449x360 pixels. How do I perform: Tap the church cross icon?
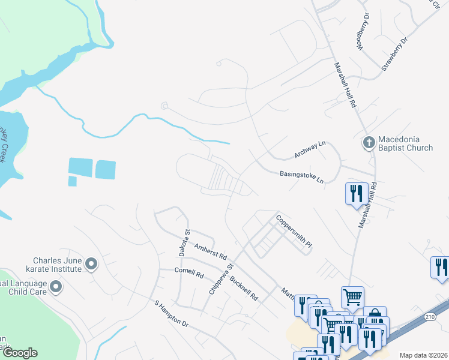pos(369,143)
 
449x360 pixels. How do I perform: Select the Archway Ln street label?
pos(310,150)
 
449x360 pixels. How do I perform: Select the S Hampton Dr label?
pos(172,314)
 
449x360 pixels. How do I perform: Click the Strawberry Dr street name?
pos(394,57)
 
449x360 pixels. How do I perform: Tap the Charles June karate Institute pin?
pos(91,263)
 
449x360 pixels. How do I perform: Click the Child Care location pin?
pos(56,288)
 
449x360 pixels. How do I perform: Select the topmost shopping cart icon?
pos(352,296)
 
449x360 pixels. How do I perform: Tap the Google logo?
pos(20,353)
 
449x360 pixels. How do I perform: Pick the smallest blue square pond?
pos(72,181)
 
